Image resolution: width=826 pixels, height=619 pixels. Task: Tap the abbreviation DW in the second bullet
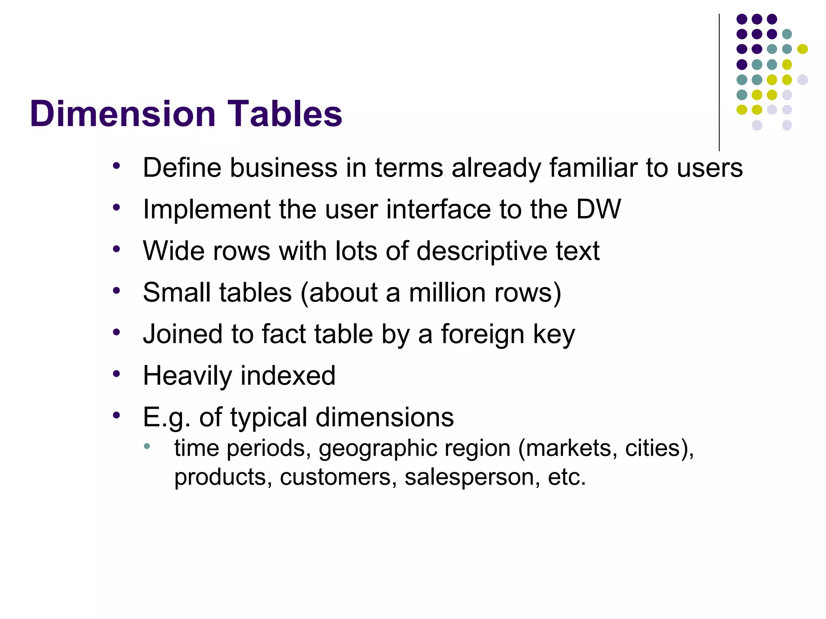tap(598, 210)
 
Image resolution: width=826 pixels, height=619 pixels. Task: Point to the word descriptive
tap(482, 251)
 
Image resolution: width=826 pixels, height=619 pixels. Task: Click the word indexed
tap(288, 376)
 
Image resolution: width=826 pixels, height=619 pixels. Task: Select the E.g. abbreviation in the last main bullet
tap(167, 418)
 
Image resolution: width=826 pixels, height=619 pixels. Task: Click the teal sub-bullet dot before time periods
tap(147, 446)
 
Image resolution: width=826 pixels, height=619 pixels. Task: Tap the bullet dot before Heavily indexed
tap(117, 374)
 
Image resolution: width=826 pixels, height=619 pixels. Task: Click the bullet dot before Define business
tap(117, 166)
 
